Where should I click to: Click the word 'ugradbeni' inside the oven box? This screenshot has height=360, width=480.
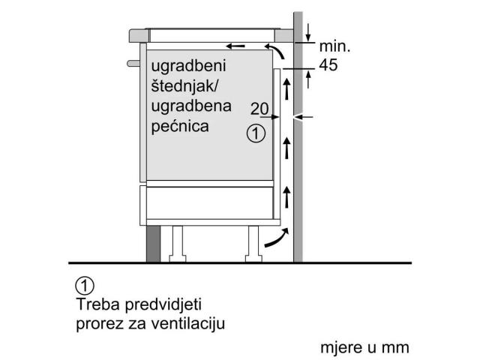(x=188, y=67)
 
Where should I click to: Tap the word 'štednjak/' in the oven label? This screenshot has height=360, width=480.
(x=184, y=85)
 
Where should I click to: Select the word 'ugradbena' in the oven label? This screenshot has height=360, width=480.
(x=191, y=106)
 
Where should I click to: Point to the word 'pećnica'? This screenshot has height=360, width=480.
(x=180, y=126)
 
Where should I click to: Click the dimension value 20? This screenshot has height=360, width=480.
(x=259, y=108)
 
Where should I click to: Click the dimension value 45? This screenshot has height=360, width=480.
(x=328, y=65)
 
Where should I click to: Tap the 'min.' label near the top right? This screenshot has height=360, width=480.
(x=334, y=46)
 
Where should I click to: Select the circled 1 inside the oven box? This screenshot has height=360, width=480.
(x=256, y=133)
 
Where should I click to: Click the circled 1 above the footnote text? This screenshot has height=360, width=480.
(x=85, y=286)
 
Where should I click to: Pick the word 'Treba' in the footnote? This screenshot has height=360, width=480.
(x=98, y=304)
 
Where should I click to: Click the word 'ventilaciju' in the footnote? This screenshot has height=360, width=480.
(x=188, y=323)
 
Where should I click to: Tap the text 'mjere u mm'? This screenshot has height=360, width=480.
(x=364, y=348)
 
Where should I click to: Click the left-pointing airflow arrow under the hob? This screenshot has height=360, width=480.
(x=235, y=46)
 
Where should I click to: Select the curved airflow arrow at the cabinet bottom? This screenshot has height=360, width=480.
(x=277, y=238)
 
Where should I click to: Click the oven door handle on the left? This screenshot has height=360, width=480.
(x=133, y=63)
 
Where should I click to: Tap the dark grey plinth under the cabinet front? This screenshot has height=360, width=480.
(x=153, y=244)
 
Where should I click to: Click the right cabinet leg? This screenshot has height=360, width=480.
(x=253, y=244)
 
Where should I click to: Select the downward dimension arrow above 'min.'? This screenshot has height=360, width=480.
(x=308, y=32)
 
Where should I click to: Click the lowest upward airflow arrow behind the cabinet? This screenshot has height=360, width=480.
(x=286, y=197)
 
